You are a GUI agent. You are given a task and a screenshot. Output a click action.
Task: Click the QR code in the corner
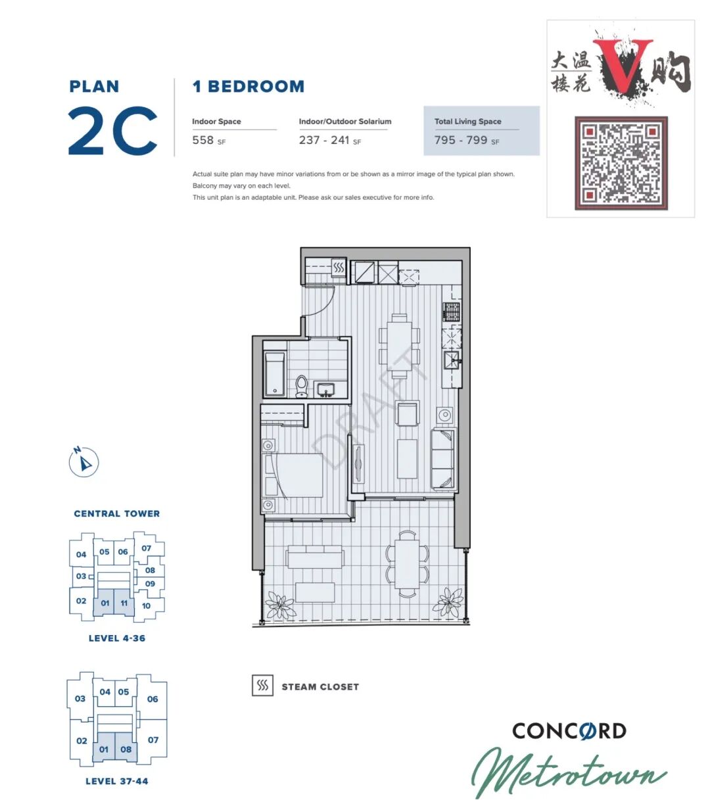621,163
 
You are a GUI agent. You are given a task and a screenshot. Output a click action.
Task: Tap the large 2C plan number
113,130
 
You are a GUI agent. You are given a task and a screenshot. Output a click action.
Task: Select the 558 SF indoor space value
209,141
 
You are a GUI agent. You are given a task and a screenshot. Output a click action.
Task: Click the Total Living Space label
467,122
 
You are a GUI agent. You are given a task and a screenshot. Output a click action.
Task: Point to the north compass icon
83,462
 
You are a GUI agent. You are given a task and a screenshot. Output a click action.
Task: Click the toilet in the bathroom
302,387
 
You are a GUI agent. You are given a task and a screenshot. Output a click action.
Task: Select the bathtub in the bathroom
274,374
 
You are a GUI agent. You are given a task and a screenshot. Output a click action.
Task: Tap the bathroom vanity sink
326,389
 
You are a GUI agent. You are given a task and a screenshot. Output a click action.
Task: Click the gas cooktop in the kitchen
452,312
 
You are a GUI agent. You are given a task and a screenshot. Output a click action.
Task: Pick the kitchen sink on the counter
452,360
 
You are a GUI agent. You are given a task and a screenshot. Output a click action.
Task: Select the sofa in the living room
443,459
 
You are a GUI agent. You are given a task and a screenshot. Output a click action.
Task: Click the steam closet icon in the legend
262,685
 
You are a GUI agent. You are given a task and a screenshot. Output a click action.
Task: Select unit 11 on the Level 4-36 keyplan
124,603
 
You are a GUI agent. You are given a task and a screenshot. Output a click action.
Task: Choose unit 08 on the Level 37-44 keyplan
126,749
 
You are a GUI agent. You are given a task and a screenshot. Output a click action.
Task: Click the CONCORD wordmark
569,731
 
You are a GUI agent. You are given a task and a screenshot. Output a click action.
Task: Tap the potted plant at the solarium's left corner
280,605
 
